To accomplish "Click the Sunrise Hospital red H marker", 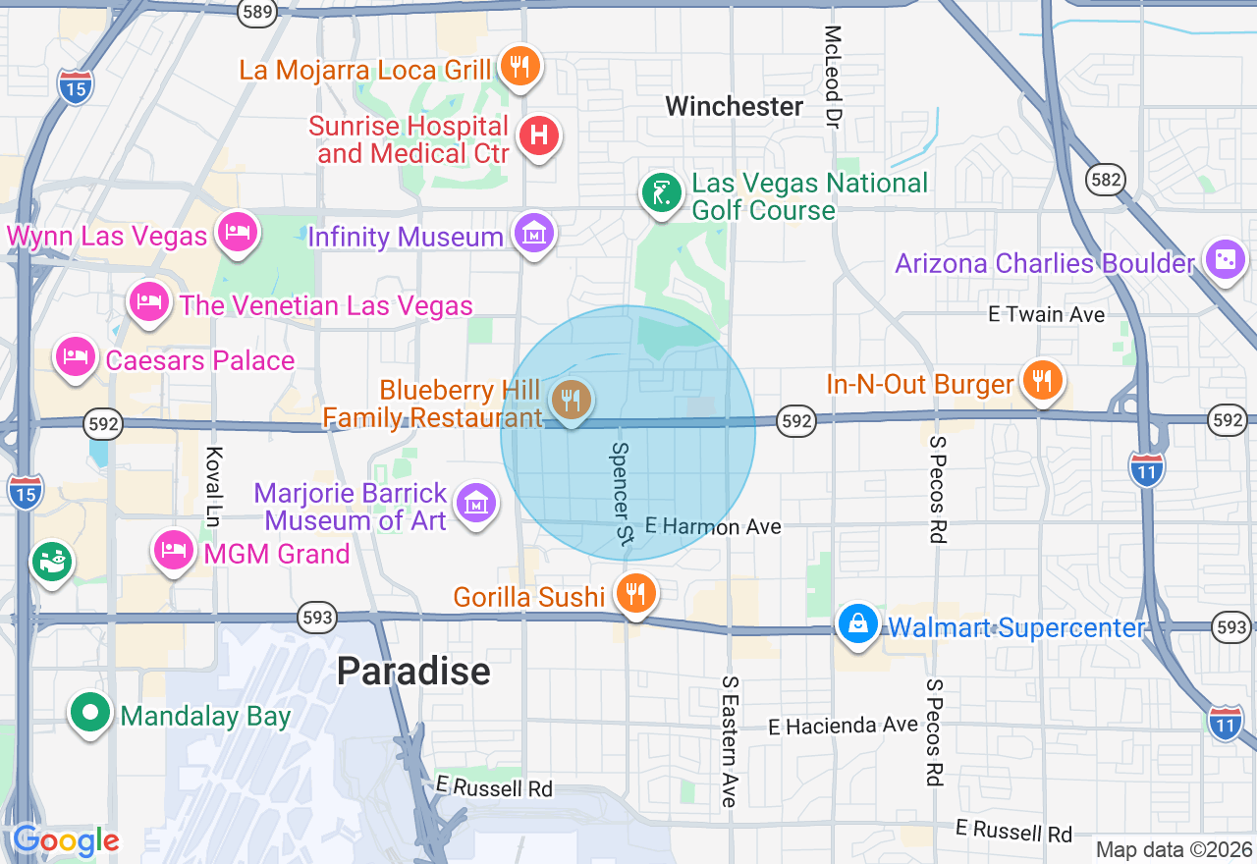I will [x=538, y=135].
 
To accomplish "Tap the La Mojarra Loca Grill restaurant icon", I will [x=520, y=67].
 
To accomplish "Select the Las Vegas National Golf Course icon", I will [x=662, y=192].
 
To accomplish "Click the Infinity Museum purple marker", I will [x=535, y=234].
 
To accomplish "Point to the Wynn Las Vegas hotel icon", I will [x=238, y=232].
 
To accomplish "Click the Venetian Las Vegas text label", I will [x=325, y=305].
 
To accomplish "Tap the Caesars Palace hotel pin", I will [x=76, y=357].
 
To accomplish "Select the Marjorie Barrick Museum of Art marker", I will [x=476, y=505].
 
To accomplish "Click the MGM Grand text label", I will [x=276, y=554].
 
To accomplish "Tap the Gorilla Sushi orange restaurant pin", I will [x=635, y=593].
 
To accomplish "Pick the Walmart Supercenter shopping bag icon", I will [x=858, y=624].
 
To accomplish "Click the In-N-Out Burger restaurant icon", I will [x=1041, y=379].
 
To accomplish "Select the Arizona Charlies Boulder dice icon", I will [x=1225, y=260].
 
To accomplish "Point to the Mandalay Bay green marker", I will [x=90, y=714].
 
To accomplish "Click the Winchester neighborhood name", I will [x=735, y=106].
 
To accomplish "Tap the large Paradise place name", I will [x=413, y=672].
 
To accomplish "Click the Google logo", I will [x=66, y=841].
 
